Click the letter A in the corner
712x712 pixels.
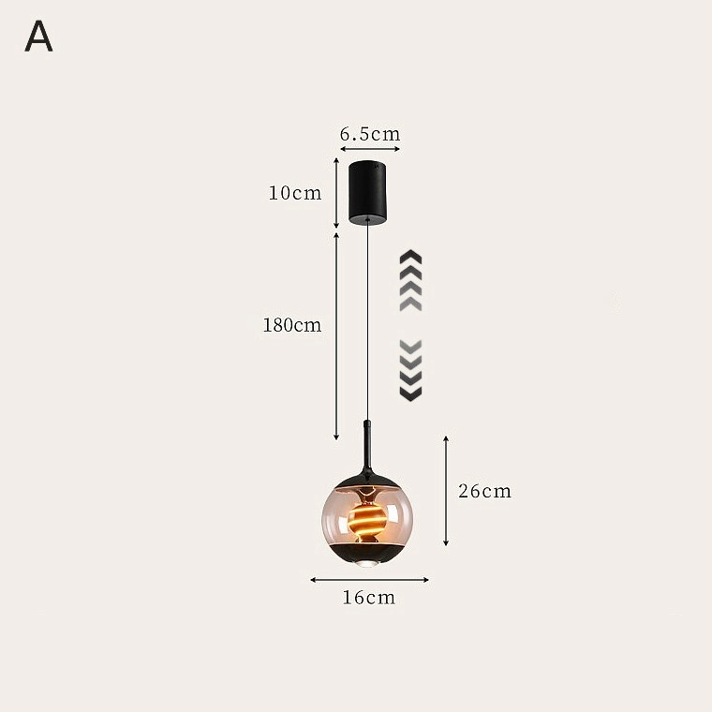pos(38,36)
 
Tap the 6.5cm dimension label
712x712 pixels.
pos(370,134)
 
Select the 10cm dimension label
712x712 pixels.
pos(295,193)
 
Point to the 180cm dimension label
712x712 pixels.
pos(292,325)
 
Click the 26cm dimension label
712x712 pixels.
pos(484,491)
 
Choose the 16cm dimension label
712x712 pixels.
pos(369,598)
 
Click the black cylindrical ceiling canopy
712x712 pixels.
pos(368,192)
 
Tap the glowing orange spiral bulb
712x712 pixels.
pos(367,519)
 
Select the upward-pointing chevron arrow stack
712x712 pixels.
pos(410,280)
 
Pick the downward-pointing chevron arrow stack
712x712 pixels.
pos(410,371)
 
